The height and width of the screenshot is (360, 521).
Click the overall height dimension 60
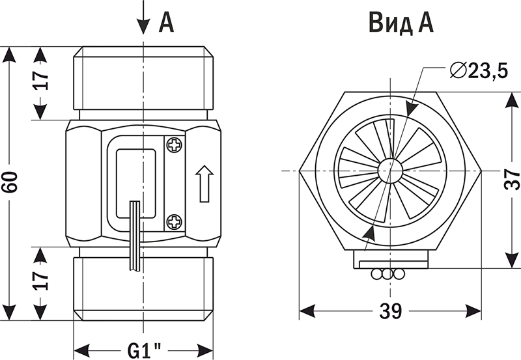tap(9, 182)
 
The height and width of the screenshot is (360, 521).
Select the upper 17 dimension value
tap(40, 80)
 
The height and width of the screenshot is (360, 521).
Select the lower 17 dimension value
tap(40, 281)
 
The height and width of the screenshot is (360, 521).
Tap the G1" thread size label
tap(144, 350)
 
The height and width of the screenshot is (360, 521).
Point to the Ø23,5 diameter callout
tap(479, 70)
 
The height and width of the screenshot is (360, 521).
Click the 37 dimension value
tap(512, 179)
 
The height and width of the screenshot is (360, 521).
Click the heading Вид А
tap(401, 23)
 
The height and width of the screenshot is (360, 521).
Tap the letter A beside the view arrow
tap(167, 22)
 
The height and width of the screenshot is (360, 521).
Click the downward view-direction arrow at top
tap(143, 18)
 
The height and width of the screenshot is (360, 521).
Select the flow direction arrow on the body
tap(204, 184)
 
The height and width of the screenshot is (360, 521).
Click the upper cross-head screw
tap(175, 145)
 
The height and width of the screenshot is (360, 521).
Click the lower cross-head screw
tap(175, 221)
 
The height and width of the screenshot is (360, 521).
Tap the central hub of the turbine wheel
tap(390, 171)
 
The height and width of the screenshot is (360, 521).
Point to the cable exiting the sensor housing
tap(135, 236)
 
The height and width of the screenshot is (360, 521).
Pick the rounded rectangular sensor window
tap(135, 184)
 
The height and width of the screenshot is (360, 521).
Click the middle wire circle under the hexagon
tap(387, 274)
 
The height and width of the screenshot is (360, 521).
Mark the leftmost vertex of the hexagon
tap(299, 171)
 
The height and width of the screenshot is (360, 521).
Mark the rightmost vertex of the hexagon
tap(481, 171)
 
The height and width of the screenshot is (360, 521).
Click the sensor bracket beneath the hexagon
tap(391, 259)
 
